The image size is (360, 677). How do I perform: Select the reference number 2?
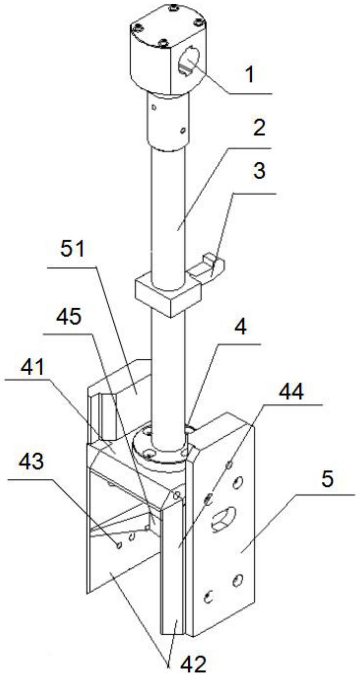tap(259, 128)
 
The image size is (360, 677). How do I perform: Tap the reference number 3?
tap(259, 171)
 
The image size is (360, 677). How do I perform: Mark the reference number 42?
tap(193, 665)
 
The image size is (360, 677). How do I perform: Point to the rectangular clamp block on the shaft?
tap(169, 294)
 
